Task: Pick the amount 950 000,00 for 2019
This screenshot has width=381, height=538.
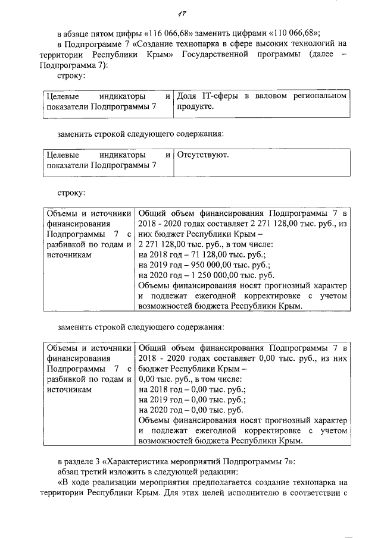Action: [207, 264]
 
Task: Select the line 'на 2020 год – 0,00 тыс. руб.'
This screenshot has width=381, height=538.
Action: [190, 410]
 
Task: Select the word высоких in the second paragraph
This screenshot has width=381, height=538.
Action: [273, 43]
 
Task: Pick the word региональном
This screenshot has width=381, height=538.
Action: [320, 96]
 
